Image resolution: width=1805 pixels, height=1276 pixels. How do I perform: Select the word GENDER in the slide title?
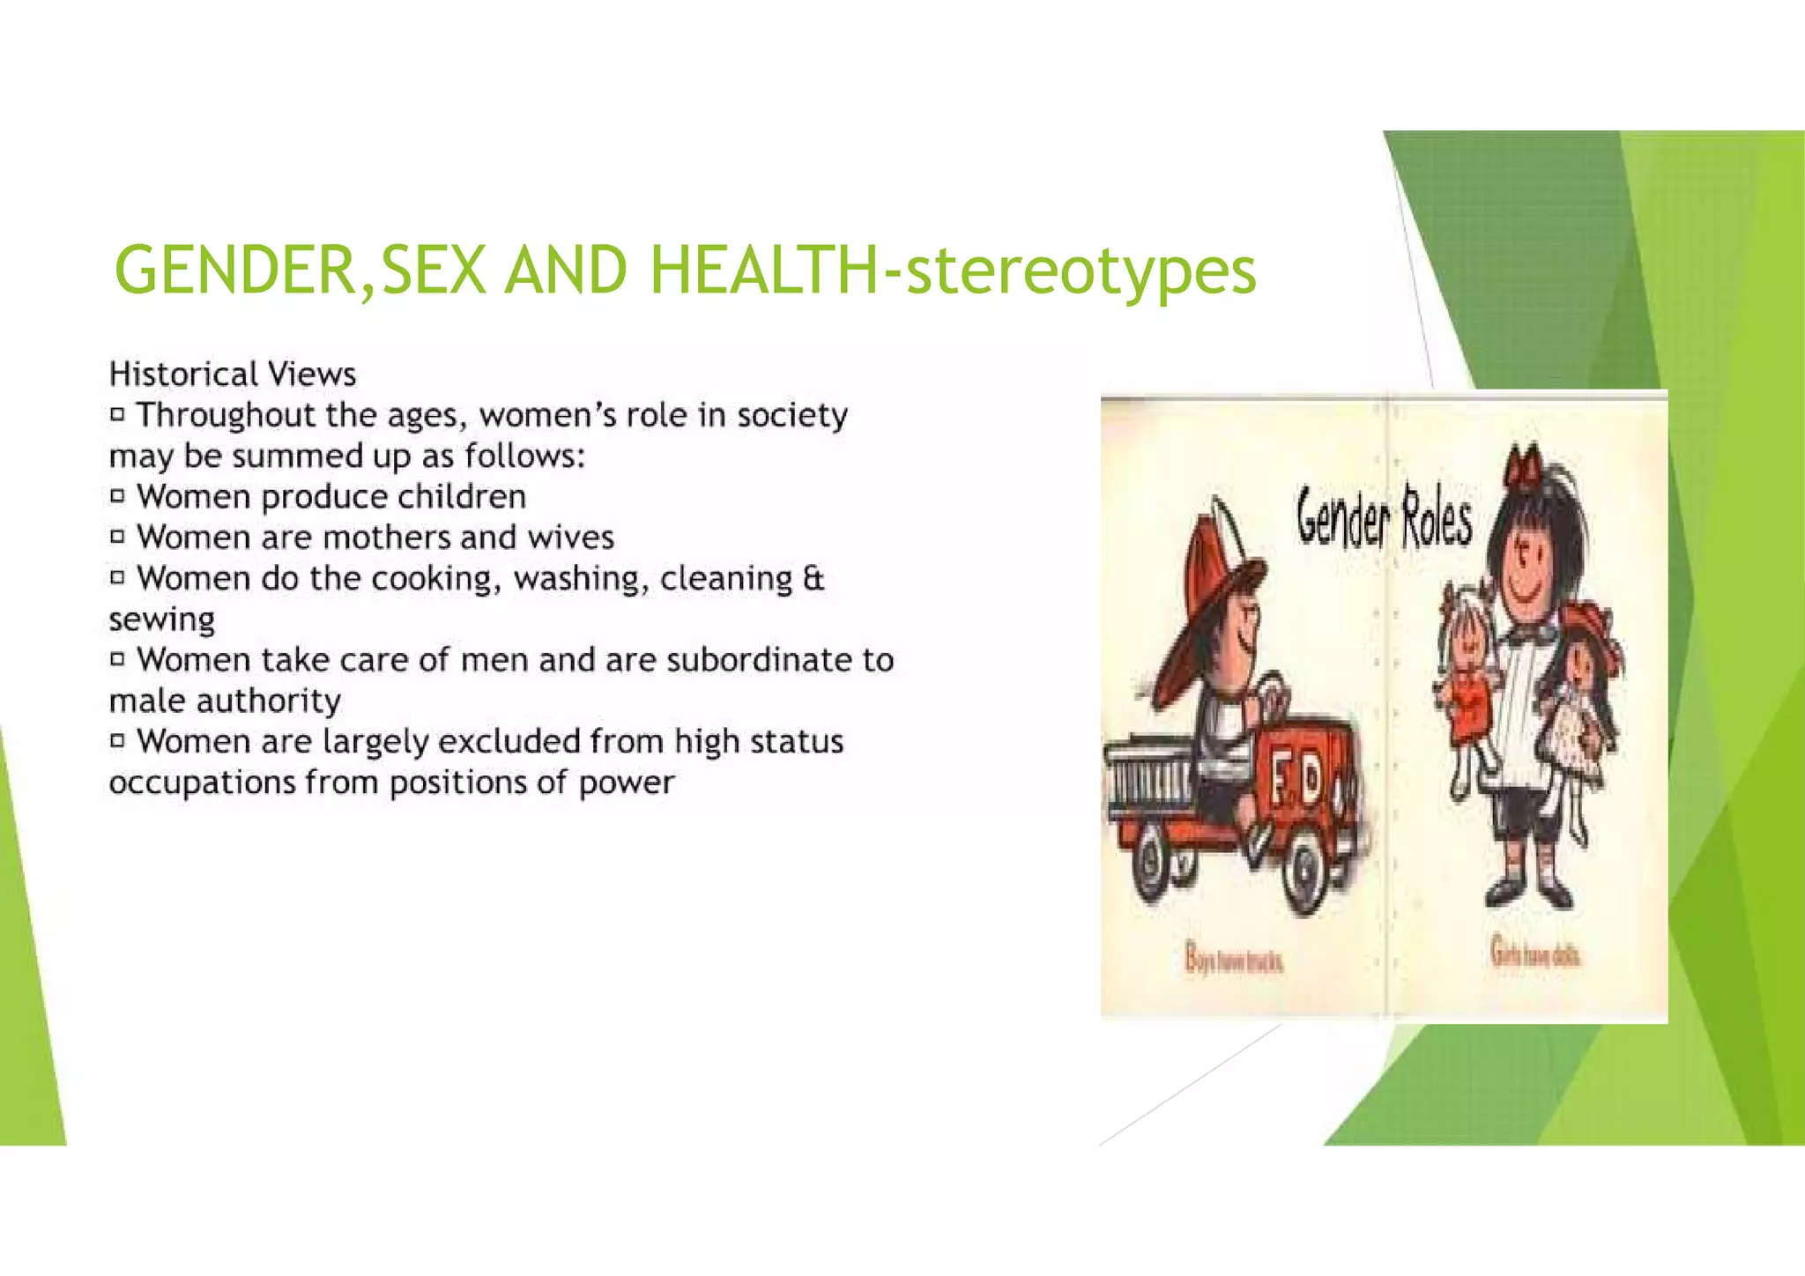(234, 270)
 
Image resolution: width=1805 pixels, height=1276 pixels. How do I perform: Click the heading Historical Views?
(233, 375)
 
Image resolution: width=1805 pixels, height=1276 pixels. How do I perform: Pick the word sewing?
(162, 620)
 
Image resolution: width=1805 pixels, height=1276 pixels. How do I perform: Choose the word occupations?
(202, 783)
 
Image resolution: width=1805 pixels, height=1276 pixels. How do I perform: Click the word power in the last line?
(627, 783)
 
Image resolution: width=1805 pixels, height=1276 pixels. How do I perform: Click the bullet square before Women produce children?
(118, 496)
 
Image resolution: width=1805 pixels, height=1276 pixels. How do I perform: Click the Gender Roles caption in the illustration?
(1384, 518)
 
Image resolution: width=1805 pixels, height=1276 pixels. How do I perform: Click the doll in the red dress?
(1467, 679)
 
